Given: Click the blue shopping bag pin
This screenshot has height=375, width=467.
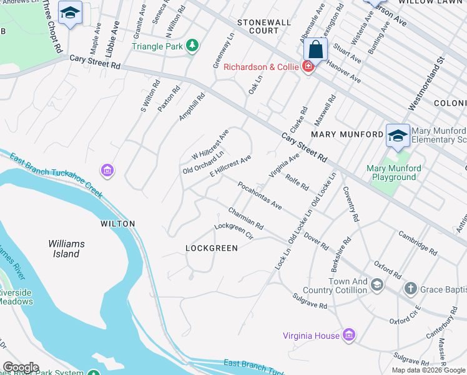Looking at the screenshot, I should [317, 49].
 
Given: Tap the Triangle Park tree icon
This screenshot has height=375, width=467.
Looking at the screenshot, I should [193, 46].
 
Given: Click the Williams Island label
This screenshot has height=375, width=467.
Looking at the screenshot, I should [66, 248].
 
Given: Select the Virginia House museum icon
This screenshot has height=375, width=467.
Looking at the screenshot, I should [349, 336].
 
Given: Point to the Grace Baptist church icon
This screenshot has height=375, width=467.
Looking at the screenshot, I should [410, 288].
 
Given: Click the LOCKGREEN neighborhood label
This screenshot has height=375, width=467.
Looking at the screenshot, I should [212, 248].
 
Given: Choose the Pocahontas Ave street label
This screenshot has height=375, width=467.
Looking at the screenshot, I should [260, 196].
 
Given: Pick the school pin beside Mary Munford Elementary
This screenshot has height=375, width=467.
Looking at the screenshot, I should [398, 136].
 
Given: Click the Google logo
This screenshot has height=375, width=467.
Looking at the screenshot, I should [21, 367].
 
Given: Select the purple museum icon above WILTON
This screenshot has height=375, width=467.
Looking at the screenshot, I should [106, 170].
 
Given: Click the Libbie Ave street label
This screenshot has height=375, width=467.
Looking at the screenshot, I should [116, 39].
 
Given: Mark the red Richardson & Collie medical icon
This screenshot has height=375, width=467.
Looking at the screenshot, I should [308, 67].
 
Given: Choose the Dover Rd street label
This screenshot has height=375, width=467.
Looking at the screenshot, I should [316, 242].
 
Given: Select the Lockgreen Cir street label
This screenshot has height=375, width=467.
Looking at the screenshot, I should [233, 232].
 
